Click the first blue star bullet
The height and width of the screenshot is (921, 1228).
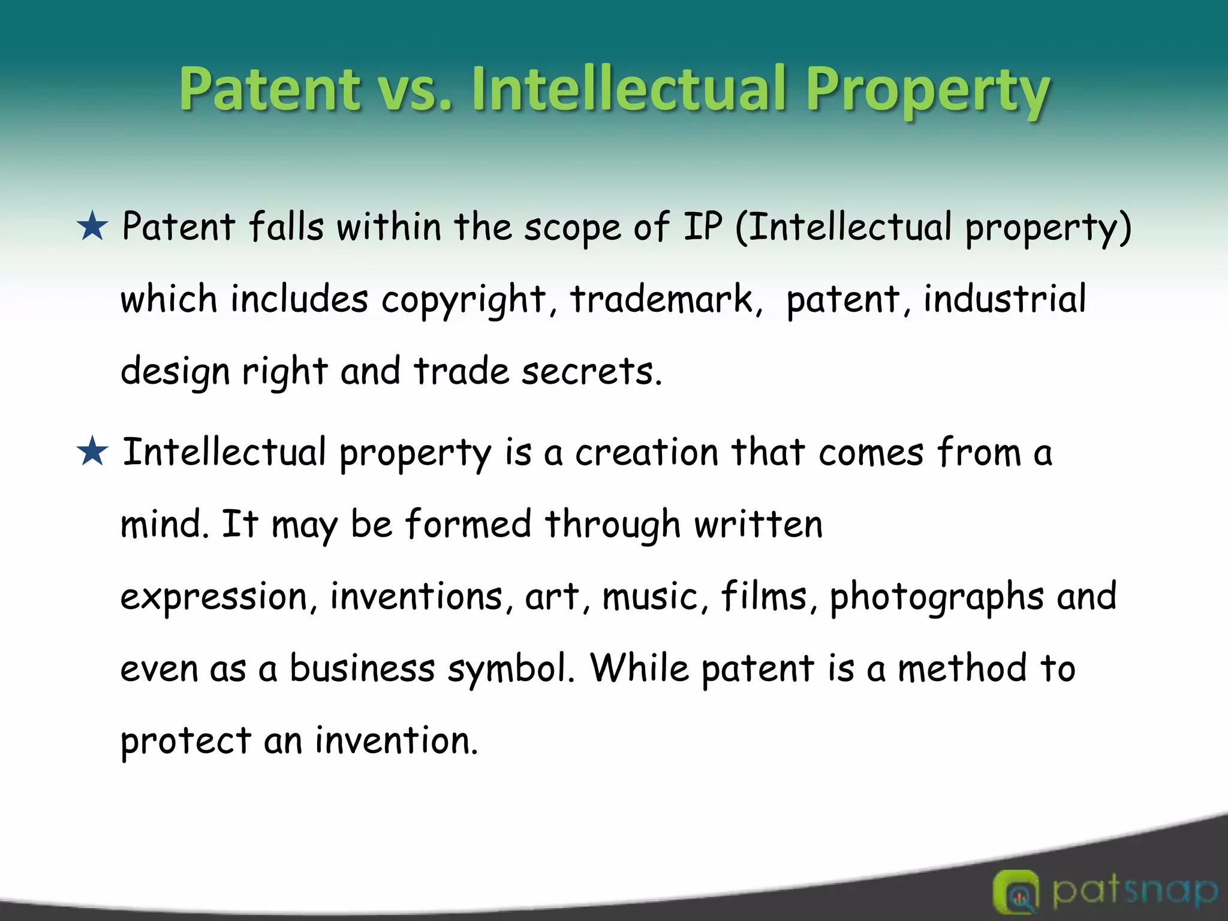click(x=92, y=228)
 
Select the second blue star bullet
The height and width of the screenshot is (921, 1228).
click(x=92, y=453)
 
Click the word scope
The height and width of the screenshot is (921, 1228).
click(x=572, y=228)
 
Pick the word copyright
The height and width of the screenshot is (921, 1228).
click(x=463, y=300)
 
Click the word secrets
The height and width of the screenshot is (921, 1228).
click(x=591, y=372)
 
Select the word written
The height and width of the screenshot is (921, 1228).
click(x=759, y=525)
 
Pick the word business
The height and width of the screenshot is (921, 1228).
click(x=362, y=669)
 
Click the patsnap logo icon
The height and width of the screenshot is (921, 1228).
click(x=1015, y=892)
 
